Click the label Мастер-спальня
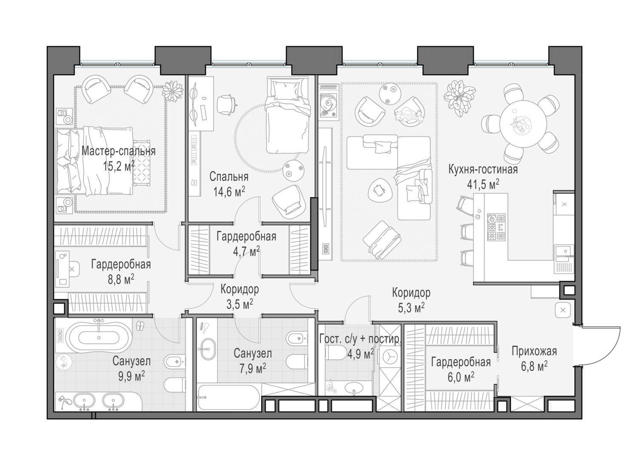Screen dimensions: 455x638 (118, 151)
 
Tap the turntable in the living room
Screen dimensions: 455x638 (329, 104)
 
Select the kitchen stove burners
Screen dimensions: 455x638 (496, 227)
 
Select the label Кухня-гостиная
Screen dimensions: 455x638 (483, 170)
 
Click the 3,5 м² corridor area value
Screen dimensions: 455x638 (239, 304)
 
